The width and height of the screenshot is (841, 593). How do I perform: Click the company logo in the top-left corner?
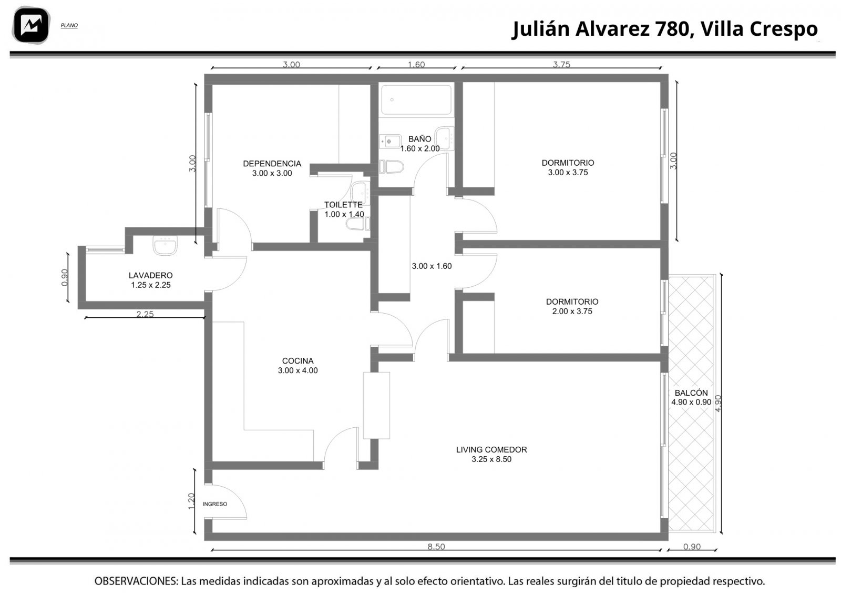31,25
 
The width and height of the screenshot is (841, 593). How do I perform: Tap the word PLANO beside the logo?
69,26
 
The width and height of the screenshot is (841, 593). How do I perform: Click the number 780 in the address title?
673,28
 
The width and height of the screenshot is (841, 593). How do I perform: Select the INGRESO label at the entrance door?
215,504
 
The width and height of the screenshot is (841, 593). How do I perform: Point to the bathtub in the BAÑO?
416,99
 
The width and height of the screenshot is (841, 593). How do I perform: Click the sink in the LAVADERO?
165,245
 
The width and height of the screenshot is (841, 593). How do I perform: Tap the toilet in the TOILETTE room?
358,224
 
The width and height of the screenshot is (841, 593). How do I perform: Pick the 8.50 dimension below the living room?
436,546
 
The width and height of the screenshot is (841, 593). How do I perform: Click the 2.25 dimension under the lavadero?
145,314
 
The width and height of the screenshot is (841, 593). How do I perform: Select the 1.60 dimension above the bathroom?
416,65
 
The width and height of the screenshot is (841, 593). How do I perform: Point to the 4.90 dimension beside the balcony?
718,403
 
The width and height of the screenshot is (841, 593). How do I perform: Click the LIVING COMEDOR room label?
491,449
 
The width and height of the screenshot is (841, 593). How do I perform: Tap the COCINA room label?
298,361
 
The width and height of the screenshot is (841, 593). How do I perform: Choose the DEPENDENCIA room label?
272,164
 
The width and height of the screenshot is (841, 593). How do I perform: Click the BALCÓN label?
691,393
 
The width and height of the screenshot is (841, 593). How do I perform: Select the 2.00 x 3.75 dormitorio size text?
572,311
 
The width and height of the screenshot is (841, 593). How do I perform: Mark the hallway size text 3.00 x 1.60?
432,266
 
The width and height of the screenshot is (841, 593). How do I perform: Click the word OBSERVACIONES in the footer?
136,581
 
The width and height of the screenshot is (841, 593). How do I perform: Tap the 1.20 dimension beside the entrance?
191,501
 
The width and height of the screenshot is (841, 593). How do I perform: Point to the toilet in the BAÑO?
391,167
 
